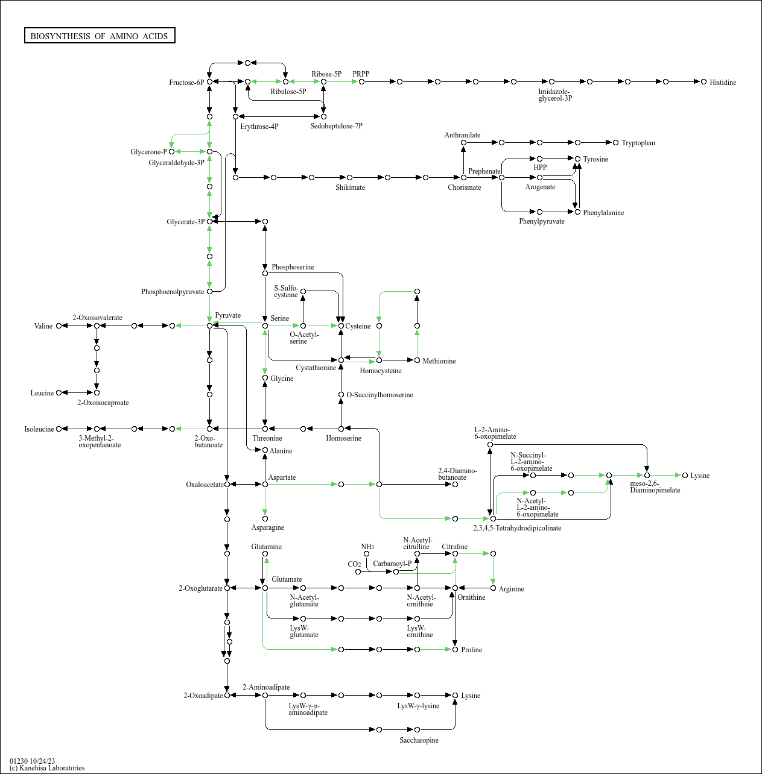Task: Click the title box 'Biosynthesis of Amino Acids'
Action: coord(100,36)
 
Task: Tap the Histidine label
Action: coord(723,83)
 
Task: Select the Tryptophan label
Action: coord(638,143)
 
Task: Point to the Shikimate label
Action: coord(351,187)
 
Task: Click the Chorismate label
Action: coord(465,187)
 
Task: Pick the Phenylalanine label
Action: coord(603,213)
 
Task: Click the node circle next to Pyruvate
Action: coord(210,326)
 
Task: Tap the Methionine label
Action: coord(439,361)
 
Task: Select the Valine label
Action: coord(43,326)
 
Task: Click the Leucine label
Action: coord(42,393)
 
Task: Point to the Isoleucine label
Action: coord(39,429)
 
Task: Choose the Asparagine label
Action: coord(268,527)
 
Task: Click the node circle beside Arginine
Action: coord(493,588)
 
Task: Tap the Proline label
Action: coord(472,650)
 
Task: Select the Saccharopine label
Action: coord(419,740)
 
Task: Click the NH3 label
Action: coord(367,547)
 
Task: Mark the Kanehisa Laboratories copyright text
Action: coord(47,768)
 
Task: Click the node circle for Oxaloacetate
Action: coord(227,484)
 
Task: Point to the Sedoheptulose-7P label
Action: coord(337,126)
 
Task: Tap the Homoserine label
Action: coord(344,438)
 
